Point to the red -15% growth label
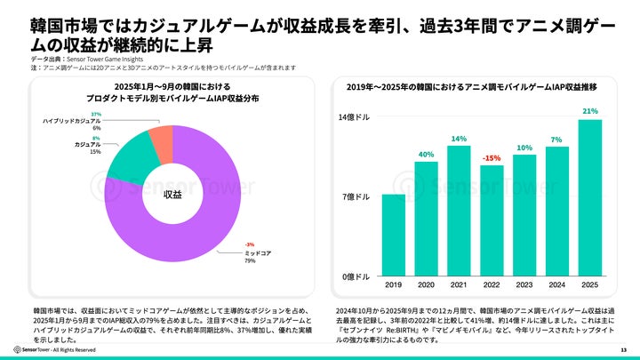point(492,157)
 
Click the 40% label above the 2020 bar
point(426,154)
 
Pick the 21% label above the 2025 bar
point(589,111)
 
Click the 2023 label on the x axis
point(524,286)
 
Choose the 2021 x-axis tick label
point(459,286)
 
